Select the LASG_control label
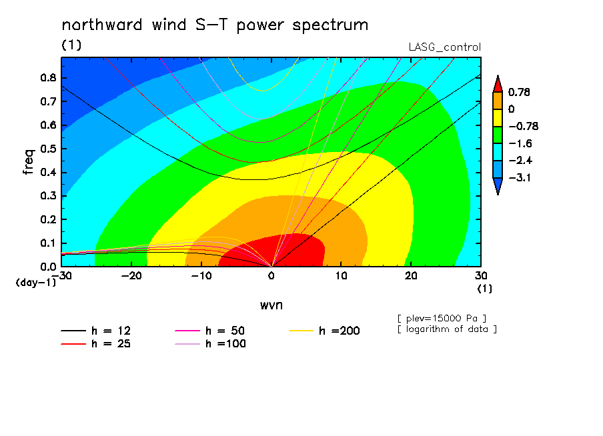coord(444,47)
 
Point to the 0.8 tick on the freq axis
coord(48,77)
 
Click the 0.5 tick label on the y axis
coord(48,149)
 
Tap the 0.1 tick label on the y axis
coord(48,243)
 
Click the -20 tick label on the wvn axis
coord(131,276)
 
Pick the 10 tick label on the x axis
coord(341,276)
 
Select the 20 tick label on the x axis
coord(411,276)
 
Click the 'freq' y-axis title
coord(29,162)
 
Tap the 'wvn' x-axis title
coord(271,305)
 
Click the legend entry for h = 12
coord(96,331)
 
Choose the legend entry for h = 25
coord(96,344)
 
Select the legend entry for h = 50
coord(210,331)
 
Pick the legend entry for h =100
coord(210,344)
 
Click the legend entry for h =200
coord(325,331)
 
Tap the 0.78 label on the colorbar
coord(519,92)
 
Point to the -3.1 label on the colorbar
coord(520,177)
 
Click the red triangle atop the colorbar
coord(498,85)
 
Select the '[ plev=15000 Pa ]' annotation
coord(442,319)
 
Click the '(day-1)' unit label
coord(35,283)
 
